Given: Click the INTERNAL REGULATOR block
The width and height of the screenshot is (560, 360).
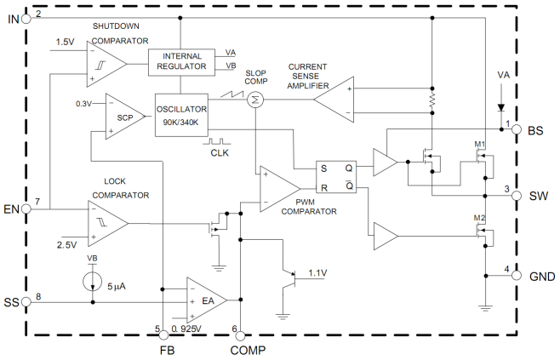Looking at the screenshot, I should (x=180, y=61).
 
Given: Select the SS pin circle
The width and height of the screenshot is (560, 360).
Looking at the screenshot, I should (x=26, y=301).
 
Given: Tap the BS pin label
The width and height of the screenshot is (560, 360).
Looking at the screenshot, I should (x=535, y=131).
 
